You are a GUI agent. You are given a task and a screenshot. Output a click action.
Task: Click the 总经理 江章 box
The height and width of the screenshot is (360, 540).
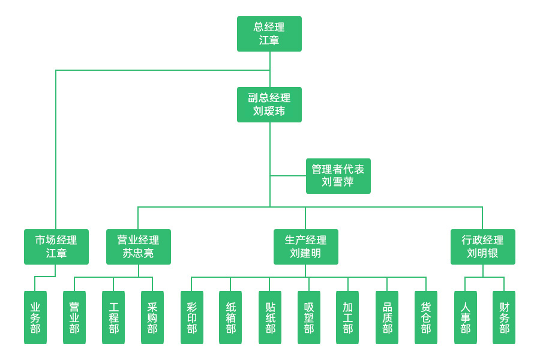click(269, 34)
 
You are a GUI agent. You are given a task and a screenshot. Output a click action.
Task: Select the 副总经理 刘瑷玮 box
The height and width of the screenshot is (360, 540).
click(269, 104)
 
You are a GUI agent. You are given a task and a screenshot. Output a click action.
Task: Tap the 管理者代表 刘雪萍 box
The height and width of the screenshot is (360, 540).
click(338, 176)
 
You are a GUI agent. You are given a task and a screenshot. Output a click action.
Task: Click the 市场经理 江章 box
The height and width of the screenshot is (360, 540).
click(56, 247)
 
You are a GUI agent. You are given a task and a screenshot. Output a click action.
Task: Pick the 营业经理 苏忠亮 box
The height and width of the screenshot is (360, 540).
click(139, 247)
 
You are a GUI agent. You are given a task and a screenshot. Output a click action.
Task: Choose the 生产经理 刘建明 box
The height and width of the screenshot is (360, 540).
click(305, 247)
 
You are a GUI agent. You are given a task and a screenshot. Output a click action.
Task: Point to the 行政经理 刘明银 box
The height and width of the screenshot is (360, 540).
click(482, 247)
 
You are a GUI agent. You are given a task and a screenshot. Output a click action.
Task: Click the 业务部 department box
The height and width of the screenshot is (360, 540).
click(35, 317)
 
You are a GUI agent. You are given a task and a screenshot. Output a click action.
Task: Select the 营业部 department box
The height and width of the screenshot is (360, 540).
click(74, 317)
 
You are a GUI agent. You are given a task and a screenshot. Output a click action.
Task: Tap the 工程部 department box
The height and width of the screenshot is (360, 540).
click(113, 317)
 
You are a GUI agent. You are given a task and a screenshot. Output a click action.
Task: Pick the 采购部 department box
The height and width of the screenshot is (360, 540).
click(152, 317)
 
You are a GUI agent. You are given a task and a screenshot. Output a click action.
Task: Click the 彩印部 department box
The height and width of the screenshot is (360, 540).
click(191, 317)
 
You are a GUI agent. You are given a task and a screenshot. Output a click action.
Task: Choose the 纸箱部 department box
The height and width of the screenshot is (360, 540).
click(230, 317)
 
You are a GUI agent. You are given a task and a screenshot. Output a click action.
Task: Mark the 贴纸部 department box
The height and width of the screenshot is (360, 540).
click(270, 317)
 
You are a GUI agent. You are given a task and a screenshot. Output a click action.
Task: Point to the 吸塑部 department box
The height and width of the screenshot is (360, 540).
click(309, 317)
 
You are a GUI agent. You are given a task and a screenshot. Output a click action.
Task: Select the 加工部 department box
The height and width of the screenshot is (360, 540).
click(347, 317)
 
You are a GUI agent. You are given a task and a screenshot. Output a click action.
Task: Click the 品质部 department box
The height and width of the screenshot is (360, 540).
click(387, 317)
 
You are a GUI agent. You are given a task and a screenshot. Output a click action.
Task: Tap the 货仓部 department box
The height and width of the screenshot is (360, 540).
click(426, 317)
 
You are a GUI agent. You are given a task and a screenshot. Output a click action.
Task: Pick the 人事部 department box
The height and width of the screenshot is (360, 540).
click(465, 317)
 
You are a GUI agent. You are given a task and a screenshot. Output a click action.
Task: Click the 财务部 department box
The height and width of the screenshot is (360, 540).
click(504, 317)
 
